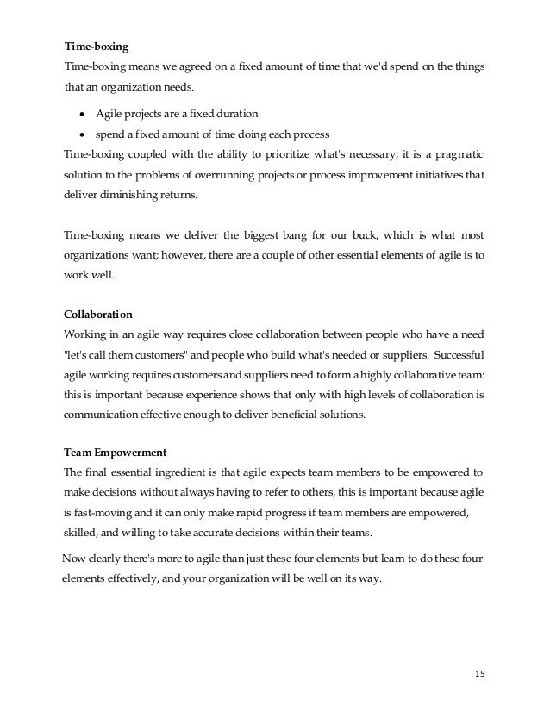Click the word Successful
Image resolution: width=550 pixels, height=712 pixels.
click(x=456, y=354)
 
